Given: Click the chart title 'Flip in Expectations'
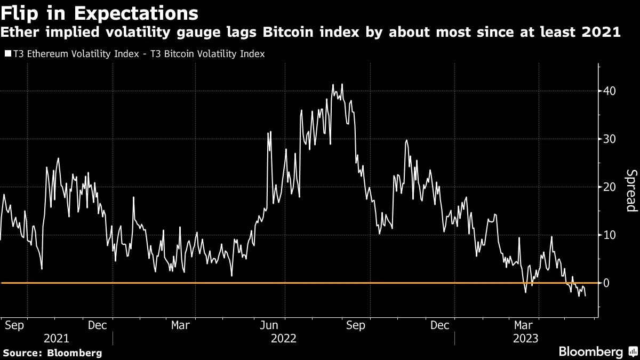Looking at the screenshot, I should (99, 12).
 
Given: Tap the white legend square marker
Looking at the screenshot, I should (7, 54).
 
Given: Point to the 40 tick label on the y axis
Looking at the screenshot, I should (610, 91).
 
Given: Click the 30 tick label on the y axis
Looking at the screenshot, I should (610, 139).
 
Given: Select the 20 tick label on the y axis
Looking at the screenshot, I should (610, 187).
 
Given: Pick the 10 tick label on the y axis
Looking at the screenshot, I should (610, 235).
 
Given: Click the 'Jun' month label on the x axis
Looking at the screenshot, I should (272, 325).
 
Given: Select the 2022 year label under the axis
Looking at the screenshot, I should (284, 339).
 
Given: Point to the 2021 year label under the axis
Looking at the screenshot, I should (57, 339).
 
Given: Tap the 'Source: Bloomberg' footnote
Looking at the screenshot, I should (52, 353).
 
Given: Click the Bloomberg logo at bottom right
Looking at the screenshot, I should (590, 351).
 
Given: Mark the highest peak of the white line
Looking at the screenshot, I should (341, 84).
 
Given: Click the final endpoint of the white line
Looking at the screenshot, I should (586, 295).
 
